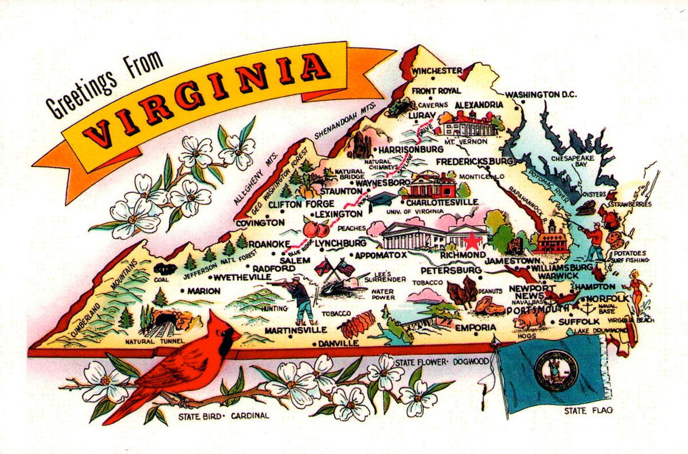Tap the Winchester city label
click(437, 71)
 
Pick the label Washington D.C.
click(541, 94)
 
